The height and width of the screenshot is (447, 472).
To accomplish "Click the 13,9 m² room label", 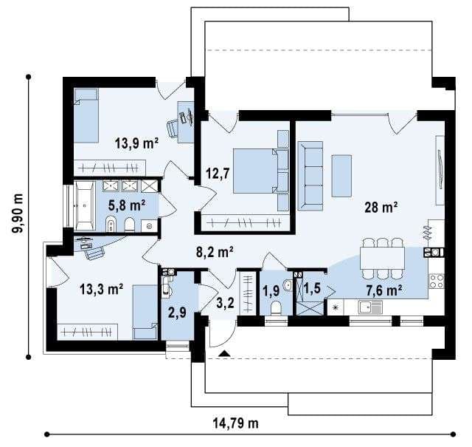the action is [136, 143].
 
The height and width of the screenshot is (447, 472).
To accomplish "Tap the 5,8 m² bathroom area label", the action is [127, 205].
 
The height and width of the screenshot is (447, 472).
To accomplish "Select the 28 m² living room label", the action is [381, 207].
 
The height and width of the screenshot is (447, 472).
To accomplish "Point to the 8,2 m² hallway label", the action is [215, 252].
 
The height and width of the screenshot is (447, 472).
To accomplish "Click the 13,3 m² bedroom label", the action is [101, 290].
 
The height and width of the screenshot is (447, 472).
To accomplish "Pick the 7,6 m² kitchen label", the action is [384, 290].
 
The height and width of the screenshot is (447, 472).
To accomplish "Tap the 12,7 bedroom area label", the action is [218, 174].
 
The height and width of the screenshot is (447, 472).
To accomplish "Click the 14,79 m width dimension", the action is [236, 423].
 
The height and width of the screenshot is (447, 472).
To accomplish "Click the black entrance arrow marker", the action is [224, 353].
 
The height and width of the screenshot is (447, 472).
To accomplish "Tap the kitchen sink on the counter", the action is [370, 307].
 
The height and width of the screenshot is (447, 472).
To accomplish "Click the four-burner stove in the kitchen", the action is [437, 281].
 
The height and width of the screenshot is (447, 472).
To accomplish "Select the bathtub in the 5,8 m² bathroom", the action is [85, 206].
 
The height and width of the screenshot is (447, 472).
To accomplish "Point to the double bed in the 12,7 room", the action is [261, 171].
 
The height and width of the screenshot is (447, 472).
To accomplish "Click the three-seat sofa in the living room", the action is [310, 176].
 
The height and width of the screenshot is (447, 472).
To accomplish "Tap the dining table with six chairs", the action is [382, 259].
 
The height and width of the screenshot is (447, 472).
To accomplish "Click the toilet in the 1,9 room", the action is [276, 307].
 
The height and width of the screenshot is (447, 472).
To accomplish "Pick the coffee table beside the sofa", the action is [341, 176].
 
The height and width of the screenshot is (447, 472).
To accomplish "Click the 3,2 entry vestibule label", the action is [226, 303].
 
